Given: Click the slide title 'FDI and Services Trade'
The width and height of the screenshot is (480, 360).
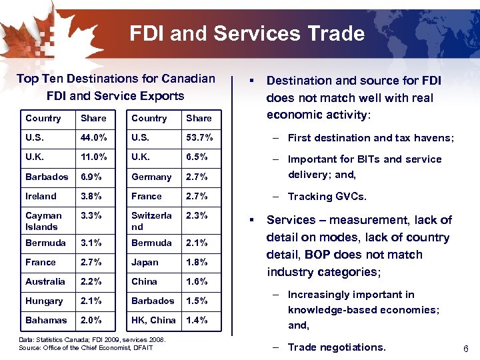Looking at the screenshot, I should tap(247, 33).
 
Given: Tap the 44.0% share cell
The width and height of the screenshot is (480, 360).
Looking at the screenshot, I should tap(93, 138).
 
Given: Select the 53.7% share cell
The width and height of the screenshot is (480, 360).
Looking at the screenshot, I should tap(199, 138).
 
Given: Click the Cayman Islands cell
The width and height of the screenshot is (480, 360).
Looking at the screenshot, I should tap(43, 221).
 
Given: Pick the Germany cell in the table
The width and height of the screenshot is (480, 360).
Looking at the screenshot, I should tap(151, 177).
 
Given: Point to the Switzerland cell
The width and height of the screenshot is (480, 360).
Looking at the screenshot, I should tap(151, 221).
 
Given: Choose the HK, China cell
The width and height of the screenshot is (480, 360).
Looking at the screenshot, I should tap(153, 320).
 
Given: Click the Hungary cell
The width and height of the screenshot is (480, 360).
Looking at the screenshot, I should tap(44, 301).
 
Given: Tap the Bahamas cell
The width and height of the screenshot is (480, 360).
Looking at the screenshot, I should tap(45, 320).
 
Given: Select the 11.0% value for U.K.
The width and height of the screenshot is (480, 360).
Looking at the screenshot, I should tap(93, 157).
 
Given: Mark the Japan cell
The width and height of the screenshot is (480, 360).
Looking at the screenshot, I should tap(145, 262).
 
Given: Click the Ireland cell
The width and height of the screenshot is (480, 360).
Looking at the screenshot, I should tap(41, 196).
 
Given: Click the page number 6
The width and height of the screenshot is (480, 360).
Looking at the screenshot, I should tap(465, 349).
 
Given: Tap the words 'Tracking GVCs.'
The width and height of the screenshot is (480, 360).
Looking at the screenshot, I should tap(327, 197).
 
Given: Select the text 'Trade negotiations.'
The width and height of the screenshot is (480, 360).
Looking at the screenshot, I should tap(337, 347).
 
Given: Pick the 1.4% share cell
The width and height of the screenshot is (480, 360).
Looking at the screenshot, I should tap(197, 320).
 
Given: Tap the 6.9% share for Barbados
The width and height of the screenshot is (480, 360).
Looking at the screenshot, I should tap(92, 177).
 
